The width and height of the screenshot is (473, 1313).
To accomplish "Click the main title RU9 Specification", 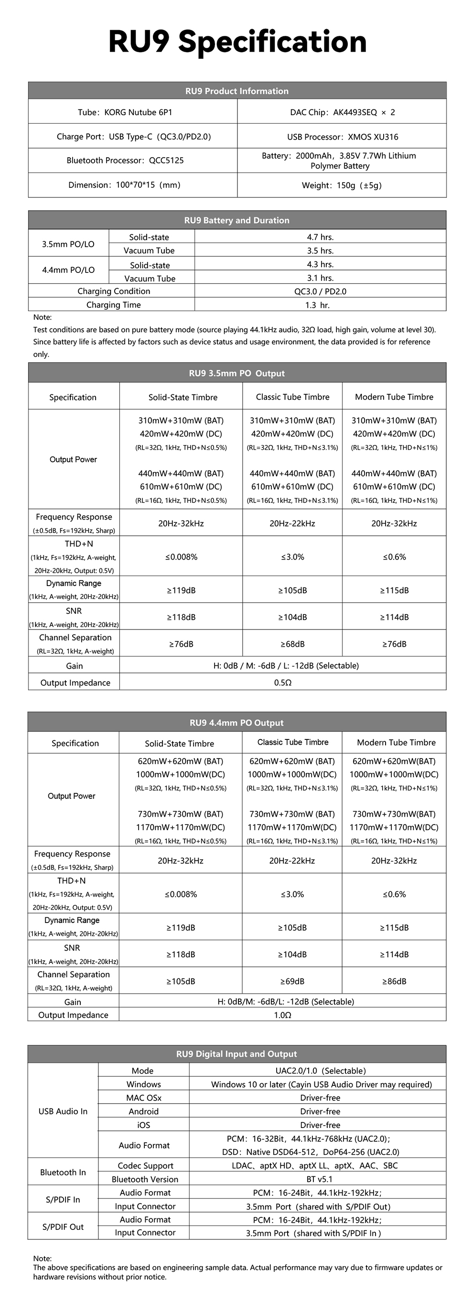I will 237,42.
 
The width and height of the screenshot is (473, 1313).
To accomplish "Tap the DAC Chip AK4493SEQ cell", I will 342,112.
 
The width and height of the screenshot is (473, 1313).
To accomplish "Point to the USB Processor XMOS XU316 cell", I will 342,137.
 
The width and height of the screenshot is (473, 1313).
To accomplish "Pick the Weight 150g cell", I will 342,185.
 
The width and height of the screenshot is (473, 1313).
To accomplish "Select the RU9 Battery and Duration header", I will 236,220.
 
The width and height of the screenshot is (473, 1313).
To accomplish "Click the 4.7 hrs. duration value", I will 320,237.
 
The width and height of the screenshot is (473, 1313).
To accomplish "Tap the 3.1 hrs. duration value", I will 320,278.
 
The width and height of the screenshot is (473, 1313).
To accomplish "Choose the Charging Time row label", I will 113,305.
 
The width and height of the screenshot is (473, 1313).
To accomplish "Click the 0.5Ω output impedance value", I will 282,683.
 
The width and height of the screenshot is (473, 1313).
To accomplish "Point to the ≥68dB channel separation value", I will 292,644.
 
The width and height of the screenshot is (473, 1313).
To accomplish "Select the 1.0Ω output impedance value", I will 282,1015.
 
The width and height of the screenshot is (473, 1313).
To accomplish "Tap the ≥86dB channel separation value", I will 394,981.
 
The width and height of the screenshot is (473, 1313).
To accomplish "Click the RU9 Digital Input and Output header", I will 236,1053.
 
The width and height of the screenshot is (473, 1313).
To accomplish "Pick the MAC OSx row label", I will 144,1097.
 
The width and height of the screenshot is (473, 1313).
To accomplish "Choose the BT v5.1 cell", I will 320,1179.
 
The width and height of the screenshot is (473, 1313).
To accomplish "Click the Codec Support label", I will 145,1166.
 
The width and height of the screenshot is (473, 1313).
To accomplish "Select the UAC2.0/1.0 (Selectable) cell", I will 321,1071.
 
